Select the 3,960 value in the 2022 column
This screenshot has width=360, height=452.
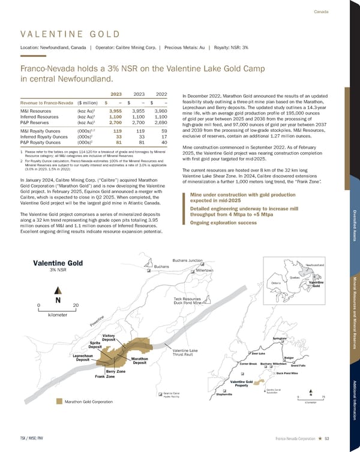pos(159,111)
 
